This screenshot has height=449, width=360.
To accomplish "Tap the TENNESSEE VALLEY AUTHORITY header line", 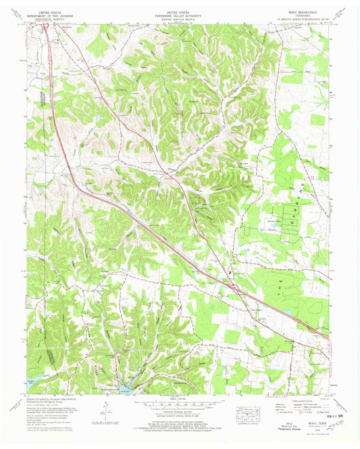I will tap(180, 14).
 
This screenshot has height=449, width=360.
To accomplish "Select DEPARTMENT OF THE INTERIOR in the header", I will tap(52, 14).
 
